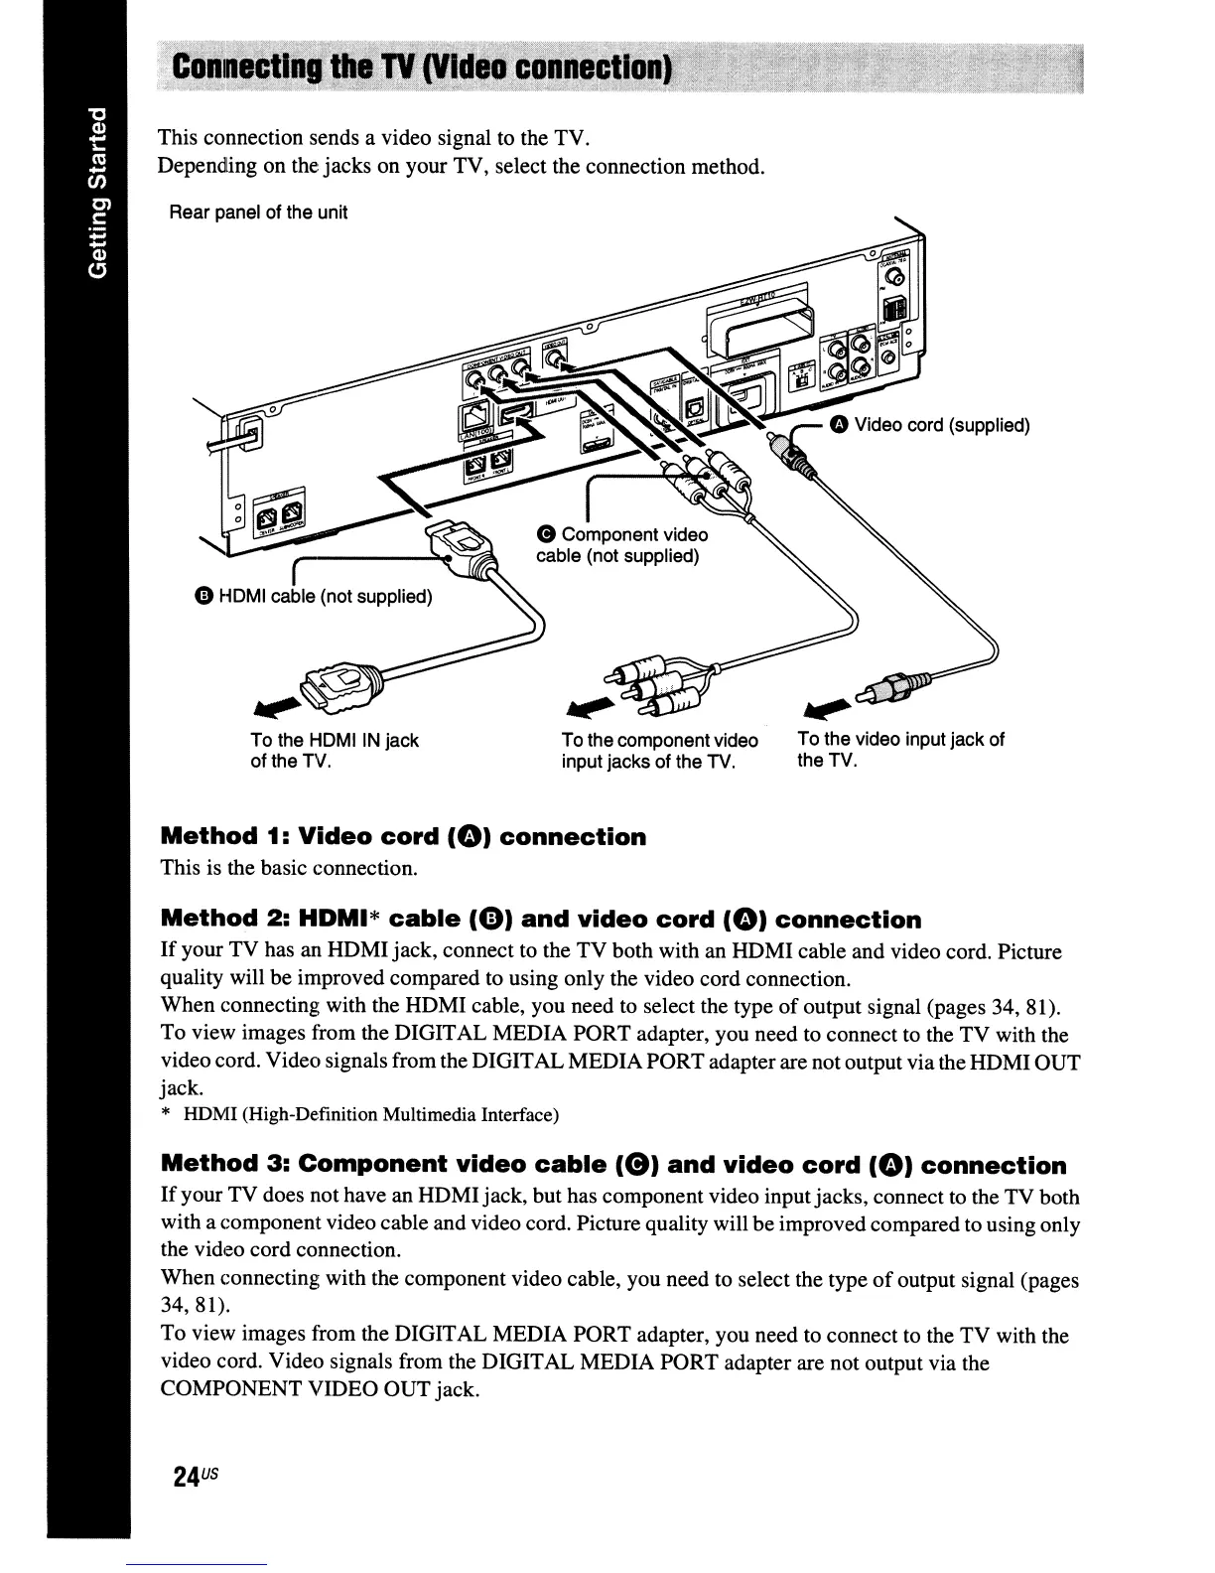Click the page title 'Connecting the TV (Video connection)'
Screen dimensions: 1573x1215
click(x=422, y=70)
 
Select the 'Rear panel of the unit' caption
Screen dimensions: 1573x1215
click(x=258, y=213)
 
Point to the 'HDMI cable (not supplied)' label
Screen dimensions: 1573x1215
click(x=314, y=596)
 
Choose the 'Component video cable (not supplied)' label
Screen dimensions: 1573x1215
click(x=621, y=545)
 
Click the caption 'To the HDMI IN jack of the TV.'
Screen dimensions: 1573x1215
click(x=334, y=751)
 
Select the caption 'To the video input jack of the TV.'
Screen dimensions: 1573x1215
click(x=900, y=750)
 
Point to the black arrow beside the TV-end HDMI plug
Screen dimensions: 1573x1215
click(x=279, y=704)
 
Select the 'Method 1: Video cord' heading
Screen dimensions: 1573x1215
click(x=403, y=837)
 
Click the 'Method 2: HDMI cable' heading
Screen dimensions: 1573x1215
click(x=540, y=920)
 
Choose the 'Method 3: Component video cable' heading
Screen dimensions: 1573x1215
click(x=613, y=1165)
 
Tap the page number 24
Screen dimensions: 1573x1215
click(x=189, y=1476)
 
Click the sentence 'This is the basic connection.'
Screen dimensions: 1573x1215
click(x=288, y=868)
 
